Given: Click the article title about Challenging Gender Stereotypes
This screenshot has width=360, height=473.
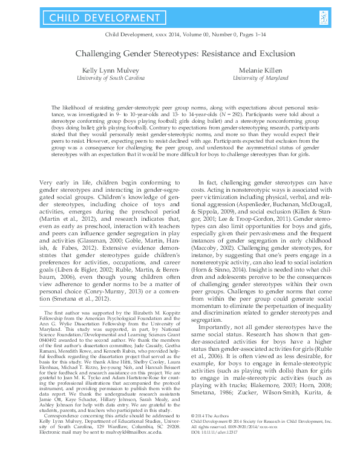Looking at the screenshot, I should pos(180,53).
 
